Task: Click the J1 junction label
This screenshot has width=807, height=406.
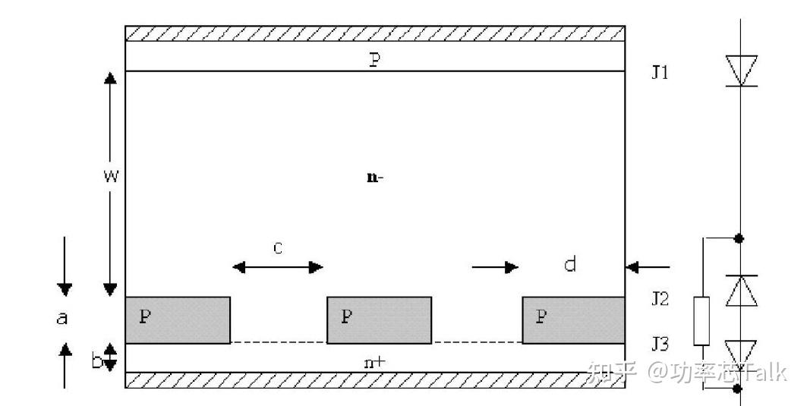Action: coord(660,74)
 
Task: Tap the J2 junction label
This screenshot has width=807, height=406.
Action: coord(660,298)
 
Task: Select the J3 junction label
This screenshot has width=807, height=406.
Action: coord(660,345)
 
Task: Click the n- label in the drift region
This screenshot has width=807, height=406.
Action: coord(374,178)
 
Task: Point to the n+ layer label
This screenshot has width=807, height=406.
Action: coord(374,362)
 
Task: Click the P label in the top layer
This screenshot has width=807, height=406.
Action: coord(374,60)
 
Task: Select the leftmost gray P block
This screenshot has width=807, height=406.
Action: coord(178,320)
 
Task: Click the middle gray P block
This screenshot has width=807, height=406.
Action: coord(379,320)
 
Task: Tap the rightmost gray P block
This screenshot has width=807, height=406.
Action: coord(573,320)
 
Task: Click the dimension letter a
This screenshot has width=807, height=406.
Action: coord(62,318)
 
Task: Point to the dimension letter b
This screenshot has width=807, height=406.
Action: coord(97,362)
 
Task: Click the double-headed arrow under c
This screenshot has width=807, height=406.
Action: coord(278,266)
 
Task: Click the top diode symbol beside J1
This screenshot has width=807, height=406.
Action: coord(741,71)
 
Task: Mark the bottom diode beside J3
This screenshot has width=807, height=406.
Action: coord(741,353)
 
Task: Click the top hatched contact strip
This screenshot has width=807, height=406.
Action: coord(375,33)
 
